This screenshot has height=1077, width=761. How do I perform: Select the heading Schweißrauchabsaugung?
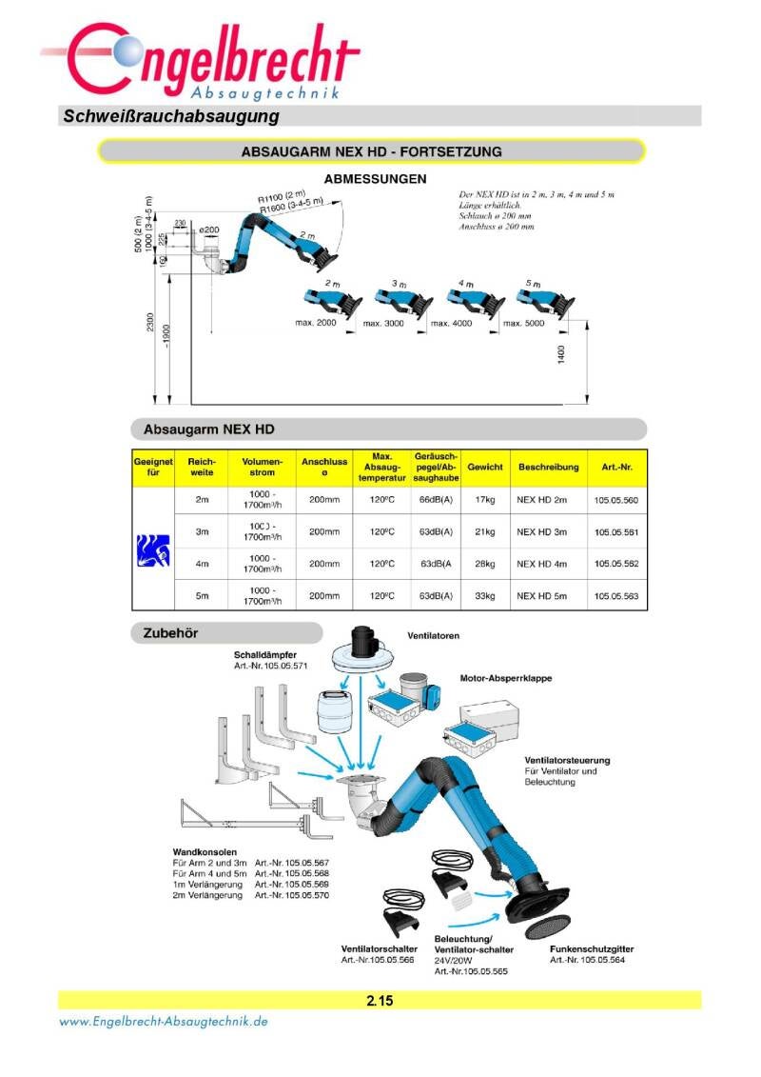pyautogui.click(x=170, y=117)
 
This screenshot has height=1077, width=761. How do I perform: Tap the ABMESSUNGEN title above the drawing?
pyautogui.click(x=375, y=178)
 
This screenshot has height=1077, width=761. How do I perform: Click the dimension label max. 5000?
pyautogui.click(x=521, y=324)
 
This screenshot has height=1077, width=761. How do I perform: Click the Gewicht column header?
pyautogui.click(x=485, y=468)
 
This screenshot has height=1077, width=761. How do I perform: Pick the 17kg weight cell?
pyautogui.click(x=485, y=500)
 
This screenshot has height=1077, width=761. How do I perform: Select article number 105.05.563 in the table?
pyautogui.click(x=616, y=596)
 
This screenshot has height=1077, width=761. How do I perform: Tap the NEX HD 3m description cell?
pyautogui.click(x=541, y=531)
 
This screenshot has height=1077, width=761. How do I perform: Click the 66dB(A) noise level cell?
pyautogui.click(x=436, y=500)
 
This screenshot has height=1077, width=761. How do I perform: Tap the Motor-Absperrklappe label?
pyautogui.click(x=506, y=679)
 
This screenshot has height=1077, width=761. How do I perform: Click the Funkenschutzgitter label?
pyautogui.click(x=592, y=949)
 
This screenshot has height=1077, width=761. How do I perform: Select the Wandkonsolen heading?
pyautogui.click(x=205, y=851)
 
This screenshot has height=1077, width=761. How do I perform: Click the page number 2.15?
pyautogui.click(x=380, y=1001)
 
